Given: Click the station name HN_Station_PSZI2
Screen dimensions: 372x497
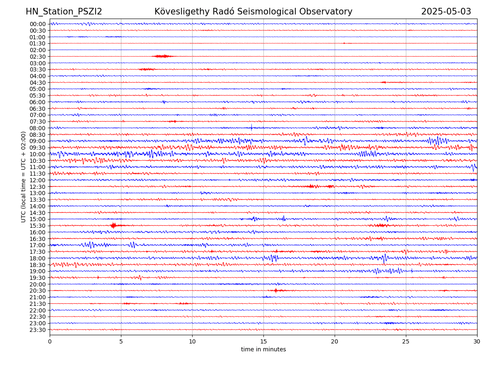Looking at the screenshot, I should pyautogui.click(x=64, y=12).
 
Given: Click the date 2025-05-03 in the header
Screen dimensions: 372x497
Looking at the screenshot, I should pyautogui.click(x=446, y=12).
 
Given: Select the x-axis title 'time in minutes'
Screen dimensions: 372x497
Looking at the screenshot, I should pyautogui.click(x=263, y=350).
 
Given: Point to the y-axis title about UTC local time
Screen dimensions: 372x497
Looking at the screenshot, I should pyautogui.click(x=24, y=177).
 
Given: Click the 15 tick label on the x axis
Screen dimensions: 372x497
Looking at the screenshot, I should pyautogui.click(x=263, y=342).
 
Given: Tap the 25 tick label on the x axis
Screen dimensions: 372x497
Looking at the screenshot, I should pyautogui.click(x=406, y=342).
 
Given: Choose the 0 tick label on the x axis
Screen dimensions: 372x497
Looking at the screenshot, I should pyautogui.click(x=50, y=342).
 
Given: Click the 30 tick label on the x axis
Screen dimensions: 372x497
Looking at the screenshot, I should pyautogui.click(x=477, y=342).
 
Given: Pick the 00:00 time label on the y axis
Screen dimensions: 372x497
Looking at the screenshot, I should pyautogui.click(x=38, y=24).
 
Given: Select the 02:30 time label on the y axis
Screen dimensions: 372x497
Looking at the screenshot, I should pyautogui.click(x=38, y=57).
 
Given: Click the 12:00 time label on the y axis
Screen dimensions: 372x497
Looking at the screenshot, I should pyautogui.click(x=38, y=180).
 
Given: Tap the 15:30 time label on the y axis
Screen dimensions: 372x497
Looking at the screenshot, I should pyautogui.click(x=38, y=226).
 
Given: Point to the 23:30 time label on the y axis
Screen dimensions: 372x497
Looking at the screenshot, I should pyautogui.click(x=38, y=330).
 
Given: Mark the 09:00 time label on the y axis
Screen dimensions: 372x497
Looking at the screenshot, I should pyautogui.click(x=38, y=141).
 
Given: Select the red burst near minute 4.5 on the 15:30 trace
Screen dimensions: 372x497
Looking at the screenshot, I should pyautogui.click(x=113, y=225).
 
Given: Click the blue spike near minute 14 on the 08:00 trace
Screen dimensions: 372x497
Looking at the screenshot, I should pyautogui.click(x=251, y=127).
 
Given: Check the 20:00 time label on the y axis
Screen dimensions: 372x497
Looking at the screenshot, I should pyautogui.click(x=38, y=284).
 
